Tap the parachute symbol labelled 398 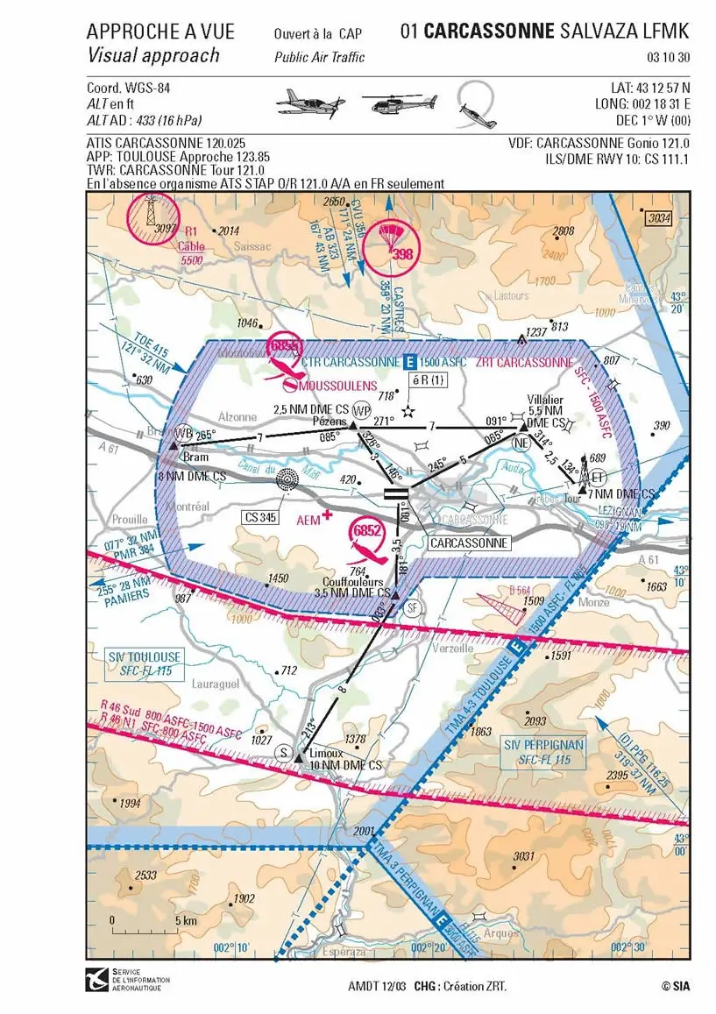(391, 241)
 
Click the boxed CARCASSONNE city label (469, 543)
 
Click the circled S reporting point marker (283, 752)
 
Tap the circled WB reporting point (183, 433)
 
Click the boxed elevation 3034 (659, 218)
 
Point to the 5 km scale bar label (184, 921)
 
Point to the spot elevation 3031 (524, 856)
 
